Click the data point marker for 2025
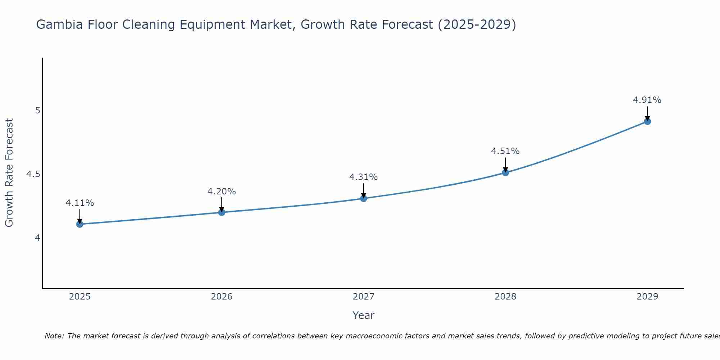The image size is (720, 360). point(80,224)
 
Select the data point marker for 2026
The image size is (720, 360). point(221,212)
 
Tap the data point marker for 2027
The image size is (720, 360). point(364,198)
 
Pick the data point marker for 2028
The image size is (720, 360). point(505,172)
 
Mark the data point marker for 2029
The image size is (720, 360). point(647,121)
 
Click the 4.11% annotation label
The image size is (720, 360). point(80,203)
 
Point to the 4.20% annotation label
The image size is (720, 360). point(221,192)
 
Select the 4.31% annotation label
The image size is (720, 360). point(364,177)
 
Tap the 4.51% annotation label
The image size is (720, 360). point(505,151)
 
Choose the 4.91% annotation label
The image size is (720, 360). point(647,100)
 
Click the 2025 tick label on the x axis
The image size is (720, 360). point(80,297)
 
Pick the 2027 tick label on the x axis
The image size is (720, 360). point(364,297)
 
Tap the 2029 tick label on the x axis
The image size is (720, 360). point(647,297)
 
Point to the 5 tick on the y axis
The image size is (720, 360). point(37,111)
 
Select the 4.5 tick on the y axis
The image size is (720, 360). point(33,174)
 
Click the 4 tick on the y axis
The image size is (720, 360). point(37,238)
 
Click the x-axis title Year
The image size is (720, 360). point(364,315)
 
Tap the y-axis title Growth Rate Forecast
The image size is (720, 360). point(9,173)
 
